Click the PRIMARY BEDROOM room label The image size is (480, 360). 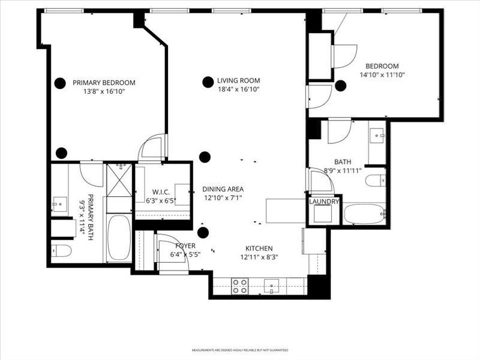click(x=104, y=83)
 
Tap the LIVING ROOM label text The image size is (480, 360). click(x=238, y=80)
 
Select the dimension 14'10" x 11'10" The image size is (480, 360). click(x=382, y=75)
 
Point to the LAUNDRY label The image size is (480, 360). click(x=324, y=202)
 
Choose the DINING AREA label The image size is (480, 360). click(x=222, y=188)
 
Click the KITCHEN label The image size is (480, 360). click(x=259, y=248)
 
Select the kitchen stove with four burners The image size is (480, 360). click(x=241, y=286)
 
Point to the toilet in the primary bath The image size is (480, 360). click(x=61, y=250)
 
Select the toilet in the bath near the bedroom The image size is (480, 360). click(x=376, y=180)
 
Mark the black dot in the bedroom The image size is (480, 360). click(x=340, y=86)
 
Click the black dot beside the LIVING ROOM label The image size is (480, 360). click(x=208, y=82)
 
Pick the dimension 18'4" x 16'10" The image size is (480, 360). click(x=238, y=89)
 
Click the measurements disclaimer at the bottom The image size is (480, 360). click(x=240, y=350)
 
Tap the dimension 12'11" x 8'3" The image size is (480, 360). click(x=259, y=257)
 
